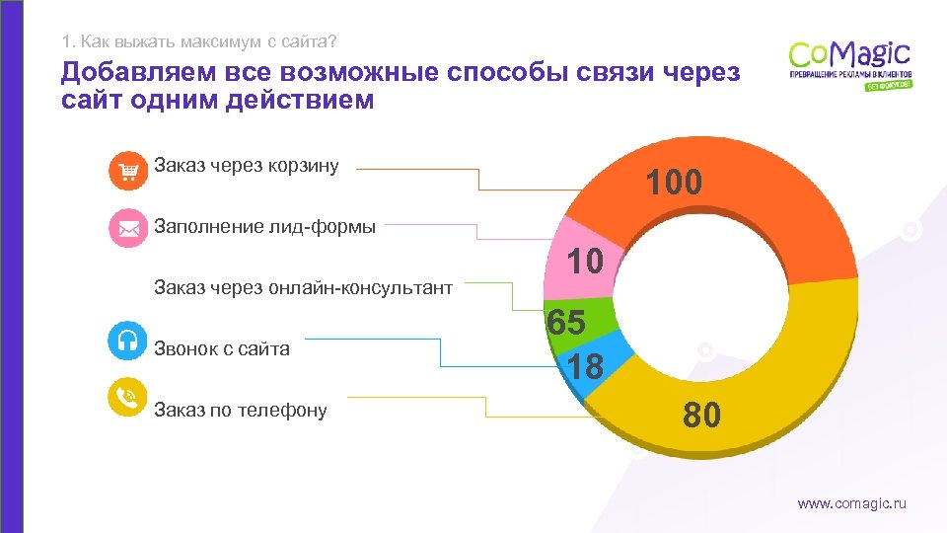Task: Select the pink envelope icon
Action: pos(127,228)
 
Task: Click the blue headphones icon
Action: pos(127,340)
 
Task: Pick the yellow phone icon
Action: pos(127,397)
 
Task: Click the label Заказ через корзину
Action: pos(246,166)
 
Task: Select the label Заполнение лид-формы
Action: pos(264,227)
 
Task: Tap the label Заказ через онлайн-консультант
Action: pos(303,288)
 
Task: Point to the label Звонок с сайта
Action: pos(222,348)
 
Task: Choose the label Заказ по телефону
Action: pos(240,411)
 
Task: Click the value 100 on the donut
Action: pos(674,183)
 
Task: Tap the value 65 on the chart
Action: pos(567,323)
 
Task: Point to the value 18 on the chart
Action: pos(585,367)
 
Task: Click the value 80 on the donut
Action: pos(702,416)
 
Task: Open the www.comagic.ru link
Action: pos(851,504)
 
